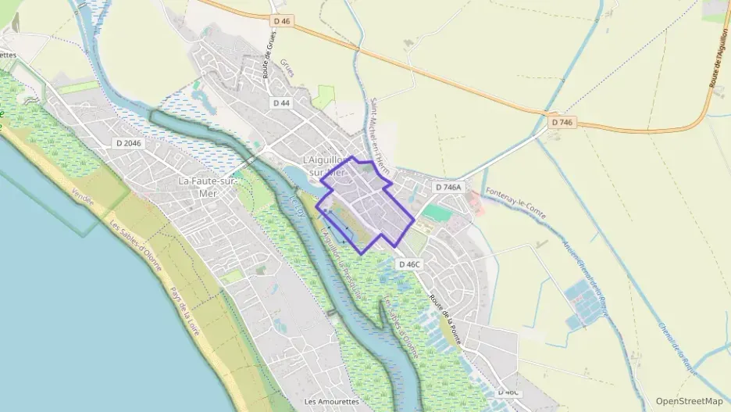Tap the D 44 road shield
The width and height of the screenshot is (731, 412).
pyautogui.click(x=281, y=103)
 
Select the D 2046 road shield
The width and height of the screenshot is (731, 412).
pyautogui.click(x=129, y=143)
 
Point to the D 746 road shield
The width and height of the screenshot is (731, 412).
pyautogui.click(x=561, y=123)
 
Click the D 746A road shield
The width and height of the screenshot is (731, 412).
pyautogui.click(x=448, y=187)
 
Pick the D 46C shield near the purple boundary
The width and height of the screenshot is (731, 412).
pyautogui.click(x=409, y=264)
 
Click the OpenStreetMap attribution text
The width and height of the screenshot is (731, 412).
pyautogui.click(x=689, y=401)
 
